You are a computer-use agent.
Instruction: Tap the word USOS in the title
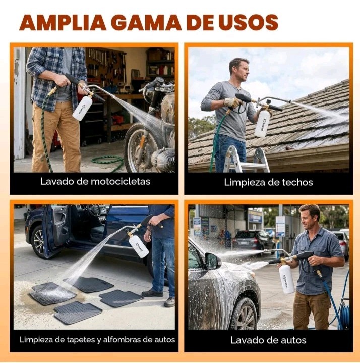[x=249, y=22]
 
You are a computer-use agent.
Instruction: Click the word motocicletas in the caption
[x=120, y=182]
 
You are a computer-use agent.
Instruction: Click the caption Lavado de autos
[x=268, y=340]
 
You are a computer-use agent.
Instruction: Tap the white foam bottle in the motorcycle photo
[x=83, y=108]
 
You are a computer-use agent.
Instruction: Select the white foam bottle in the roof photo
[x=263, y=123]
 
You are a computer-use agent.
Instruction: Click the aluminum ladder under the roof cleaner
[x=246, y=160]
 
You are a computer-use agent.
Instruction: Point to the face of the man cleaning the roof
[x=241, y=72]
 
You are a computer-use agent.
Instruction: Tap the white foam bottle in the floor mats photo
[x=139, y=246]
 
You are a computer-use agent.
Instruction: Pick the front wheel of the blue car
[x=39, y=242]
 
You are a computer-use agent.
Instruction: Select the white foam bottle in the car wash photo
[x=287, y=279]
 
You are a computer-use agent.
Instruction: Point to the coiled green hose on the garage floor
[x=108, y=162]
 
